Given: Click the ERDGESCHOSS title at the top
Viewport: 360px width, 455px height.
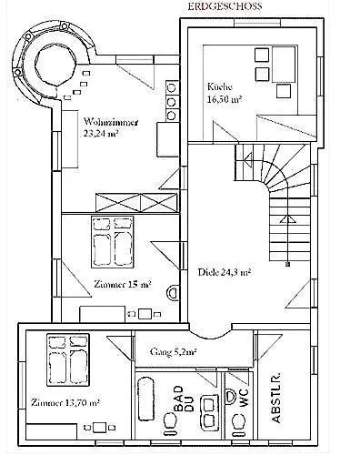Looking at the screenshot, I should pos(225,5).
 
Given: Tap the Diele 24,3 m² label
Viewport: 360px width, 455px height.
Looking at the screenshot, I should pos(224,270).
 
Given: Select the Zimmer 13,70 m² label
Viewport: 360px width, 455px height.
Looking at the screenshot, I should pos(65,401).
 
